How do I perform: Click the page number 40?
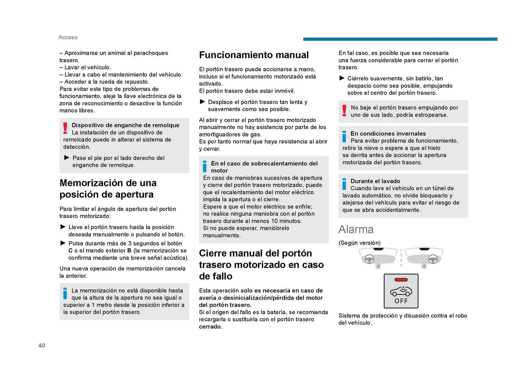click(x=41, y=345)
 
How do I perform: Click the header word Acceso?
click(x=68, y=37)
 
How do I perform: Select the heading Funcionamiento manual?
click(x=254, y=55)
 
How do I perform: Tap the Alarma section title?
click(x=356, y=229)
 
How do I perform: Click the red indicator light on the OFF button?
click(x=401, y=280)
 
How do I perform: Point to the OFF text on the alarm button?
click(x=401, y=301)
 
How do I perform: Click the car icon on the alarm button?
click(x=401, y=291)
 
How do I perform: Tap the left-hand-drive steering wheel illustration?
click(x=369, y=259)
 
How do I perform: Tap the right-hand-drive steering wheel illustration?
click(x=433, y=259)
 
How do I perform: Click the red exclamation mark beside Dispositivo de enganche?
click(x=65, y=128)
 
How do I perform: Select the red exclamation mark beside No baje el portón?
click(x=344, y=111)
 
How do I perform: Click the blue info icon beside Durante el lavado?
click(x=344, y=184)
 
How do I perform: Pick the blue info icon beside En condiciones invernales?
click(x=344, y=137)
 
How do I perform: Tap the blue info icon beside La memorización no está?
click(x=65, y=294)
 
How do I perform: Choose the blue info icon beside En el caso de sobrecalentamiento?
click(x=205, y=166)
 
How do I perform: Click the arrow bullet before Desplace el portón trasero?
click(x=202, y=102)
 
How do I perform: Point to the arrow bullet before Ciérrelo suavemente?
click(x=342, y=78)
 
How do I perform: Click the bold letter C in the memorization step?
click(x=70, y=250)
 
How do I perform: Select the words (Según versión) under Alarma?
click(x=359, y=243)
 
